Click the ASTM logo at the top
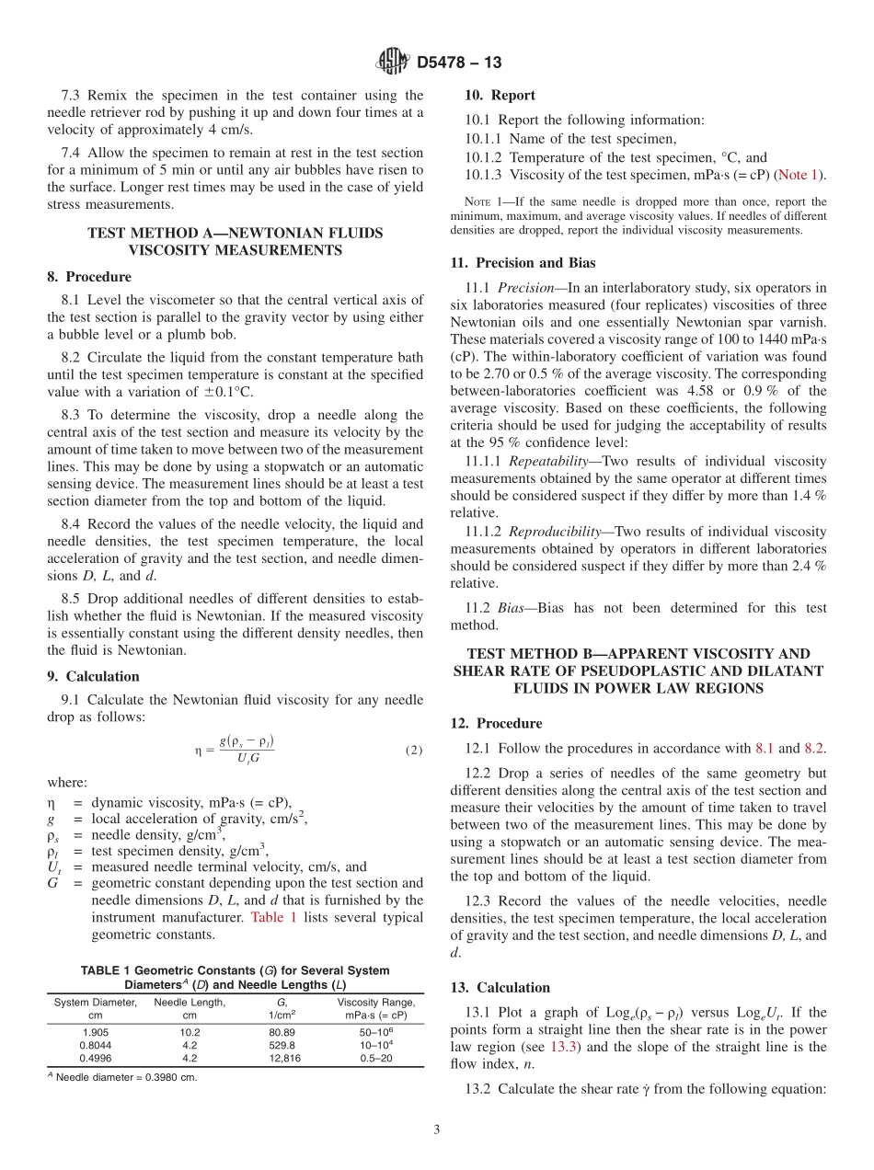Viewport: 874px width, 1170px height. (393, 63)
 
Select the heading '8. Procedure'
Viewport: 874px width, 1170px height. (89, 277)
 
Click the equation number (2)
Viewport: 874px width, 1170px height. (414, 751)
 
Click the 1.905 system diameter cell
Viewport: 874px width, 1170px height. (96, 1033)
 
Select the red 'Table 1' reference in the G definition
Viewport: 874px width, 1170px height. (273, 917)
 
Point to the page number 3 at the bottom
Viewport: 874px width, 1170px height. (437, 1130)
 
